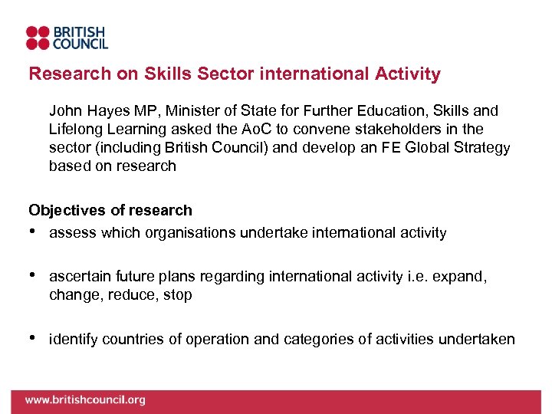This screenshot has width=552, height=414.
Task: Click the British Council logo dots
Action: [38, 38]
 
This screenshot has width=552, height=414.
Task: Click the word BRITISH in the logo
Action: [78, 31]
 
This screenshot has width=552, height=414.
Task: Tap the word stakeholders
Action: [416, 130]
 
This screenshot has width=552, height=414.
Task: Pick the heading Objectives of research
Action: [110, 210]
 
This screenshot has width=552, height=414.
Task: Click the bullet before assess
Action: [32, 231]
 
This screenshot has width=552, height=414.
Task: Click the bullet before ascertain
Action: [32, 274]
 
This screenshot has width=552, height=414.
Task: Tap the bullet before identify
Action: [32, 338]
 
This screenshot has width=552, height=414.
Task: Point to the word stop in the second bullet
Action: [178, 294]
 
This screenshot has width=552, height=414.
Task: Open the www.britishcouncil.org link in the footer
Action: [84, 399]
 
